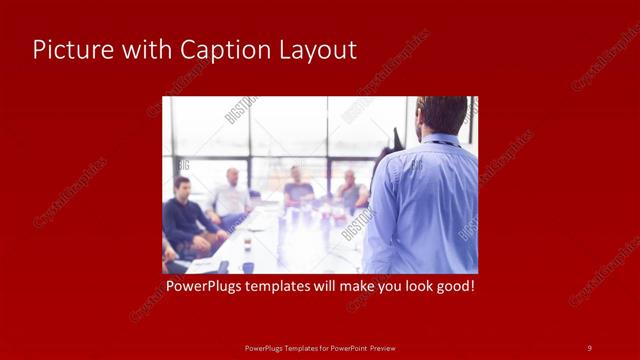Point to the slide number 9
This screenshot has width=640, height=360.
(589, 347)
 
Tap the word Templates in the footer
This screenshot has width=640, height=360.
(291, 347)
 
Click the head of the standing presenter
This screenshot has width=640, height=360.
(441, 115)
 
